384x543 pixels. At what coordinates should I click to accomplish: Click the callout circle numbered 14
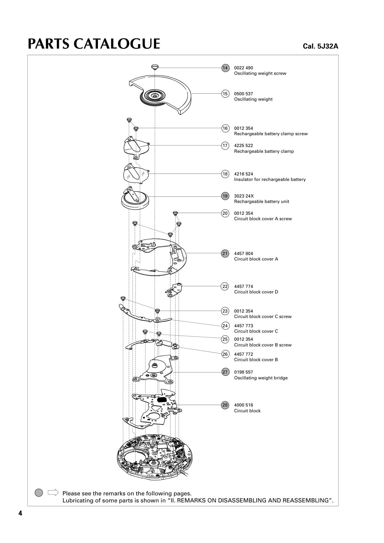pyautogui.click(x=225, y=68)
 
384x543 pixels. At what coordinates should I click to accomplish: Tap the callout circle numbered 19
pyautogui.click(x=225, y=196)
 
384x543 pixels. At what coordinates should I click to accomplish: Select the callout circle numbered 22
pyautogui.click(x=225, y=286)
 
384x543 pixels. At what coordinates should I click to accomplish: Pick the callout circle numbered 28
pyautogui.click(x=225, y=405)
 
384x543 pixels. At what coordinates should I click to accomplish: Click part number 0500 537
pyautogui.click(x=244, y=94)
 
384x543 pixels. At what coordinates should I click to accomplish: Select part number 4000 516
pyautogui.click(x=244, y=405)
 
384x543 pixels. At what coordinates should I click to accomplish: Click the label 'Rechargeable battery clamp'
pyautogui.click(x=264, y=151)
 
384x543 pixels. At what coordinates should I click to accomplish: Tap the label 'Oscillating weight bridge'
pyautogui.click(x=261, y=378)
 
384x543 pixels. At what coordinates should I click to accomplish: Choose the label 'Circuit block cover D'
pyautogui.click(x=256, y=292)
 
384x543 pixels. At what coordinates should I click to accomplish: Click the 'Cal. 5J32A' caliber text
pyautogui.click(x=320, y=46)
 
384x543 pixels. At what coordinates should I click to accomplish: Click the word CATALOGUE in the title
pyautogui.click(x=117, y=44)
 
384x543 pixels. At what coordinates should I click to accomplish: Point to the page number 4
pyautogui.click(x=20, y=514)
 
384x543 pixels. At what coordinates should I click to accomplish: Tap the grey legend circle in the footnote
pyautogui.click(x=39, y=493)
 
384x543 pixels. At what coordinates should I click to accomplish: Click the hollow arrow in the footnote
pyautogui.click(x=53, y=492)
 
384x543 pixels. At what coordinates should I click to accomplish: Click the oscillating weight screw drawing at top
pyautogui.click(x=155, y=67)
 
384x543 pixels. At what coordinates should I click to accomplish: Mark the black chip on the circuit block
pyautogui.click(x=162, y=399)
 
